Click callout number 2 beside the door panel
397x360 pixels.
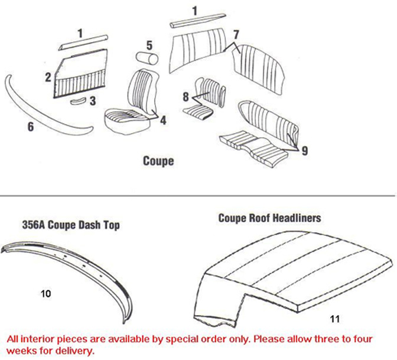point(48,77)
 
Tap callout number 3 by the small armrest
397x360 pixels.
point(92,101)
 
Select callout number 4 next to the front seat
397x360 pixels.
point(163,120)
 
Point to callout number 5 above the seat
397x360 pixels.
point(149,45)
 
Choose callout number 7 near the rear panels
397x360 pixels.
point(235,34)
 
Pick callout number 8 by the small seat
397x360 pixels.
point(186,96)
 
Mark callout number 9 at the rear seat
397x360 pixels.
point(304,151)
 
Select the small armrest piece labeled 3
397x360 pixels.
point(78,101)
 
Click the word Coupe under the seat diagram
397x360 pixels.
point(158,160)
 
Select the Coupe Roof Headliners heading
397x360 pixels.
point(269,218)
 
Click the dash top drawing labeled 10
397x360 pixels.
point(65,266)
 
